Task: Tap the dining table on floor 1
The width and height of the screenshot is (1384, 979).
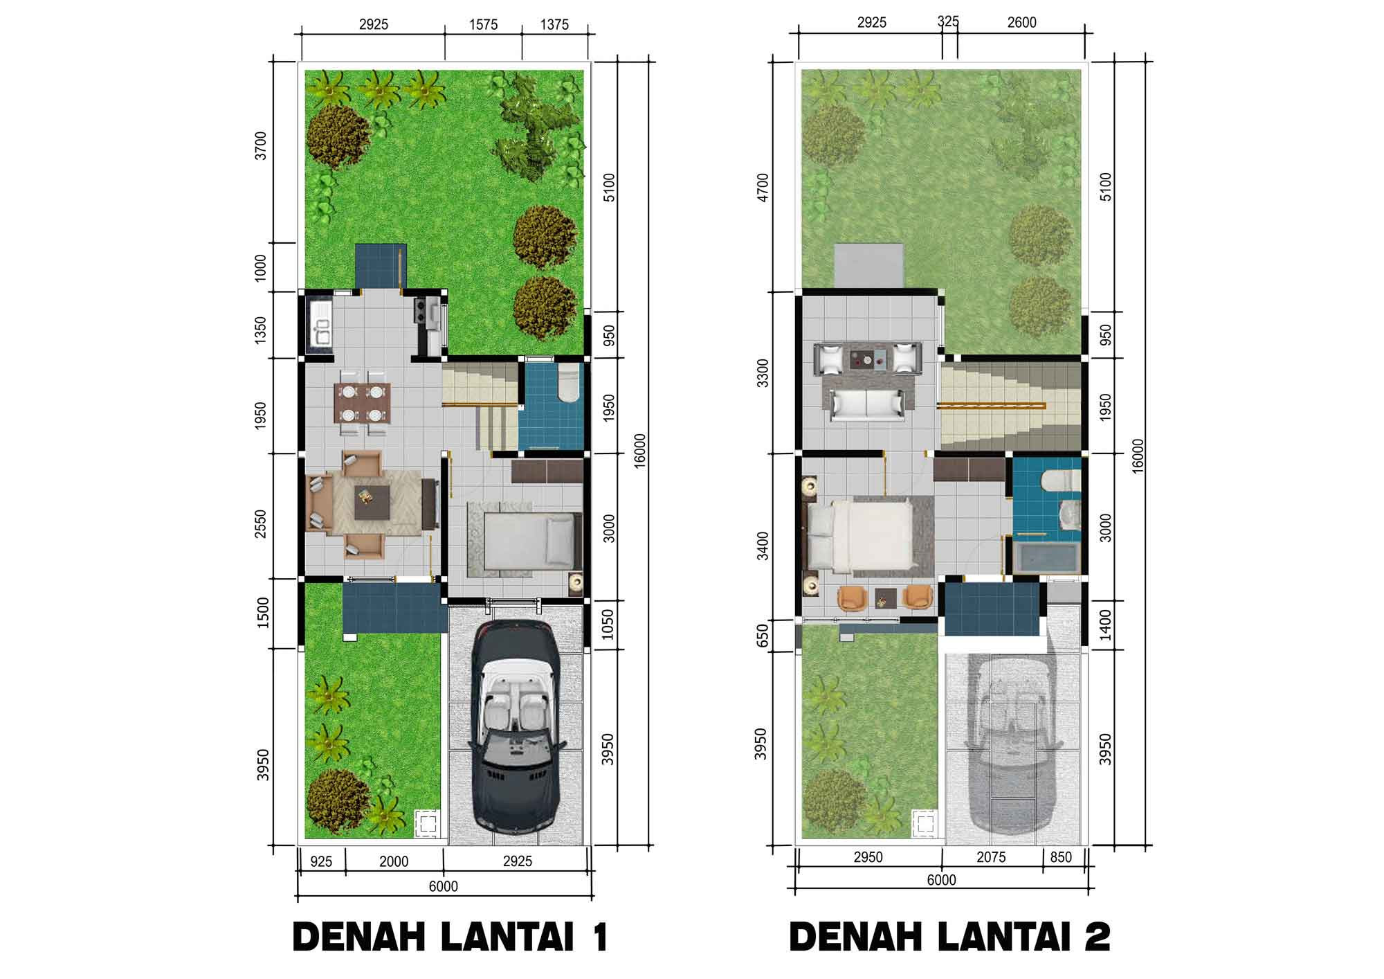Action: pyautogui.click(x=363, y=403)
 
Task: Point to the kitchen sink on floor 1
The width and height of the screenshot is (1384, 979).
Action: pyautogui.click(x=321, y=323)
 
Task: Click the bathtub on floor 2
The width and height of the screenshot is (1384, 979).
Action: pyautogui.click(x=1046, y=557)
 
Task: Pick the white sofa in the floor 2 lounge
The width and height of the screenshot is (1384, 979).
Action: pyautogui.click(x=868, y=404)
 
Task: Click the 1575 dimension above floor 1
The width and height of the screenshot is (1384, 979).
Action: pyautogui.click(x=483, y=25)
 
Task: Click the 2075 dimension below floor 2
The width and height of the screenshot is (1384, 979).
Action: pyautogui.click(x=991, y=857)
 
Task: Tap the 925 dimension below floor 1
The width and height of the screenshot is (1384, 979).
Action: pyautogui.click(x=321, y=861)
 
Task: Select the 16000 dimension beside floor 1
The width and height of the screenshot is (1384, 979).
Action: pyautogui.click(x=639, y=451)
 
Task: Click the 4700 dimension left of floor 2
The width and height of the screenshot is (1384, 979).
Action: pyautogui.click(x=762, y=187)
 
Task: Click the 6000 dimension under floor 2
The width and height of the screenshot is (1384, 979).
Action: pyautogui.click(x=941, y=880)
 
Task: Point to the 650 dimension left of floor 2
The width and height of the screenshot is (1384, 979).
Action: pyautogui.click(x=763, y=634)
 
